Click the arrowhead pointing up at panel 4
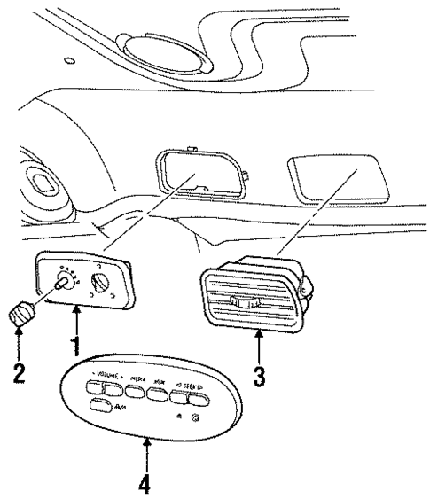click(146, 438)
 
